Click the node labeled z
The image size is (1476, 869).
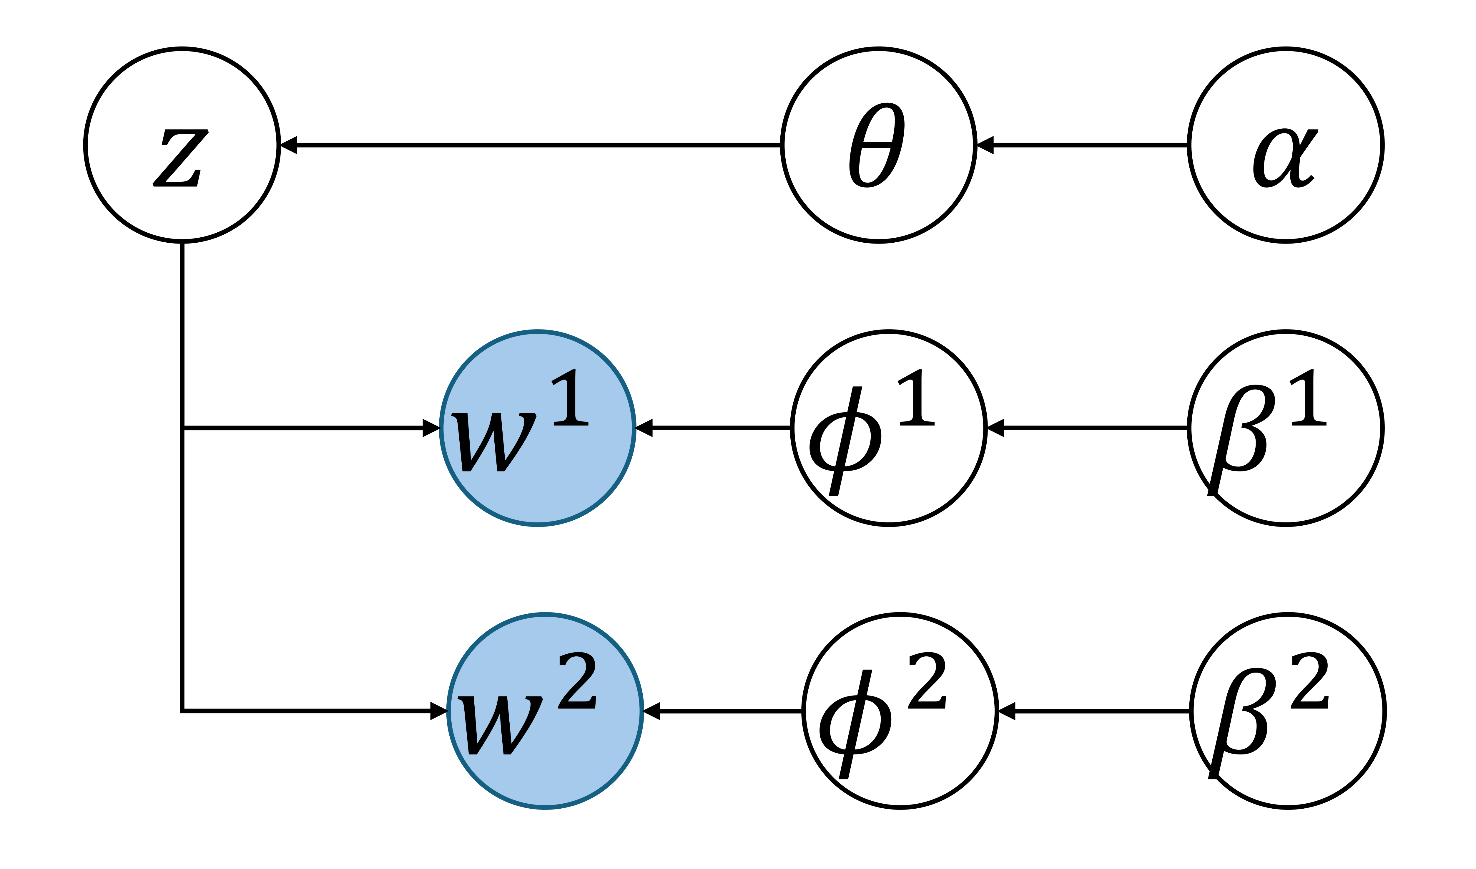[182, 145]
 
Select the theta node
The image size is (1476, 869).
[879, 145]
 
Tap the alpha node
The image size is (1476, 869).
[1286, 145]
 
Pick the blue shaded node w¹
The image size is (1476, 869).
[538, 428]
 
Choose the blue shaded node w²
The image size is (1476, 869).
[545, 711]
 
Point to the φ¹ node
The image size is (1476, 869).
[889, 428]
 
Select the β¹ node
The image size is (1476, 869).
[1286, 428]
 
